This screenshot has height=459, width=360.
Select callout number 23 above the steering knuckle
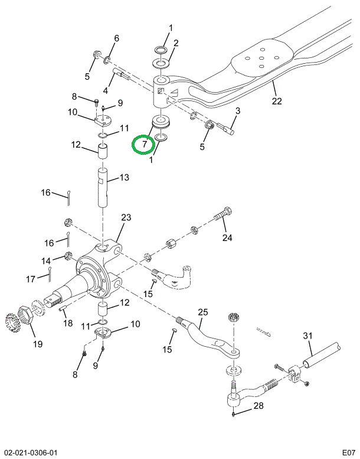click(126, 218)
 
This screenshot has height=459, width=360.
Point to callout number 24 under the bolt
click(227, 238)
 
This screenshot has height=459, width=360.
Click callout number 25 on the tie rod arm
click(202, 312)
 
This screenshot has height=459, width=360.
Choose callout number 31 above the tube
click(307, 336)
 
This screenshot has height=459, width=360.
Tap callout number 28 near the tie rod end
click(258, 406)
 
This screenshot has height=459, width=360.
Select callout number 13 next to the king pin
click(124, 178)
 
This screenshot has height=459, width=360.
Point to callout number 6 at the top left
click(116, 38)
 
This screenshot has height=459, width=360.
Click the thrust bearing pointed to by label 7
click(161, 123)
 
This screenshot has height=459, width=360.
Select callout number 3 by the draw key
click(238, 110)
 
